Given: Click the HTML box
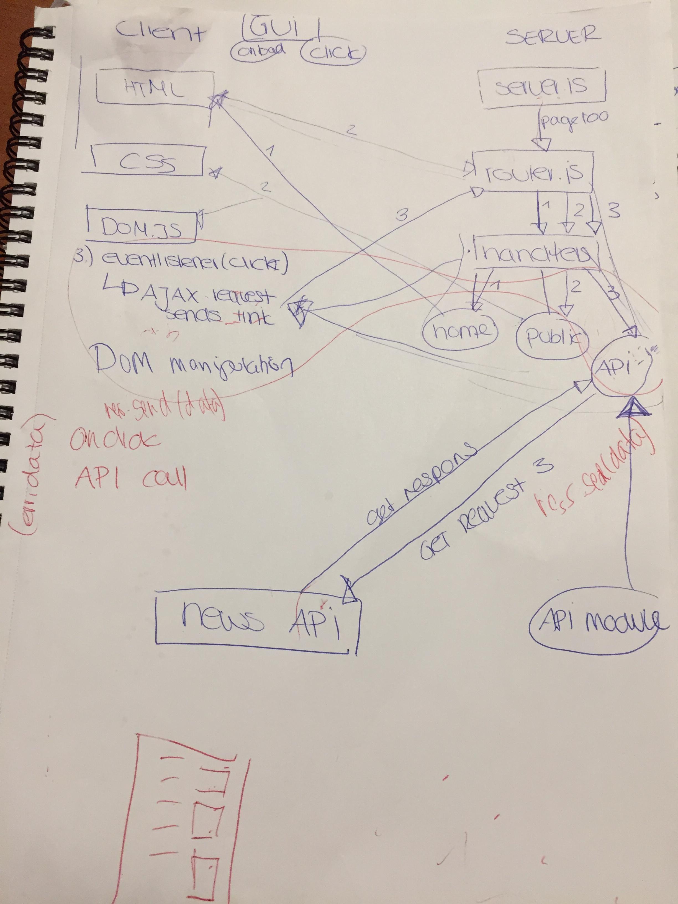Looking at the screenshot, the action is [x=155, y=88].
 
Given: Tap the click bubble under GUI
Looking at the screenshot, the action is [x=332, y=53].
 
